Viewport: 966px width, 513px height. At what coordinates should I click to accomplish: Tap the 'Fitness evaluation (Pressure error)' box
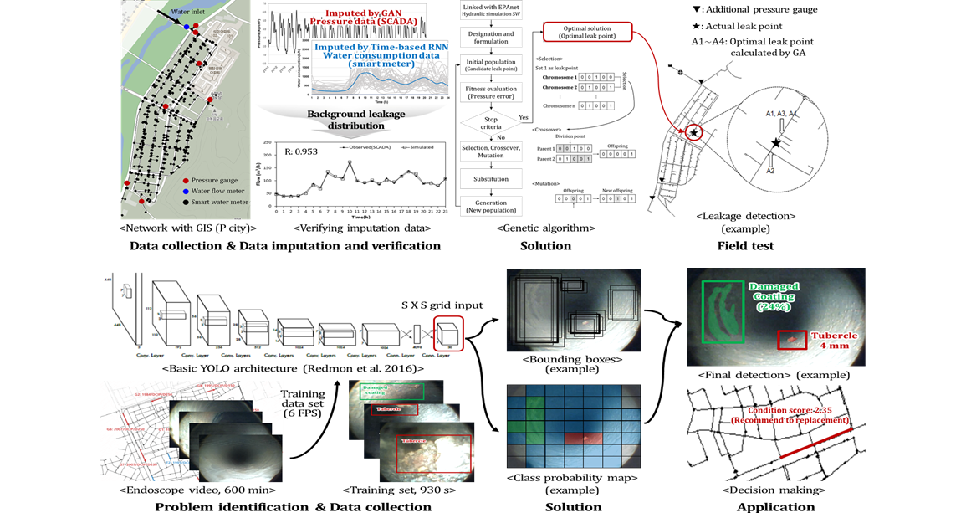491,92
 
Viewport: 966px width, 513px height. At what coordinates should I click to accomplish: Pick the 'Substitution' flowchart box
491,178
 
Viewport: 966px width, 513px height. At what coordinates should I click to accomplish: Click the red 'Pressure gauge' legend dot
185,181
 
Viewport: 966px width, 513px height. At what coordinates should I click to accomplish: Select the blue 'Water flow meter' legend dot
185,191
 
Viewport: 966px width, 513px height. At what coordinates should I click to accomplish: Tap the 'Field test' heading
745,246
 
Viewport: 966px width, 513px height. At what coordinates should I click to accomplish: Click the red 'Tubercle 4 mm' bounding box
792,340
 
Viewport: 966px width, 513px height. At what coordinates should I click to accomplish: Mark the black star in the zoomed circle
777,144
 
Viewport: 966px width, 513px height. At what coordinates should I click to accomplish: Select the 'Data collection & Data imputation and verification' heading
284,246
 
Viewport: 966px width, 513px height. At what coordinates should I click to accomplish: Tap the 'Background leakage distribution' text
355,120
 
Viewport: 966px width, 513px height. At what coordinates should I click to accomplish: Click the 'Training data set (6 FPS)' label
303,404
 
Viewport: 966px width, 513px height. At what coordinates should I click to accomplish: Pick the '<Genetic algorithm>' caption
545,228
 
